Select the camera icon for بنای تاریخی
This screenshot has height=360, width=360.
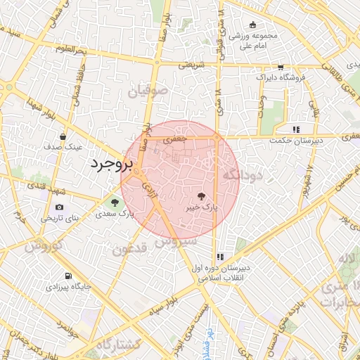[59, 207]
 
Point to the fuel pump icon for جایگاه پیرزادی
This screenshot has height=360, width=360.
[67, 276]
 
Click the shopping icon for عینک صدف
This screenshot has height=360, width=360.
[63, 136]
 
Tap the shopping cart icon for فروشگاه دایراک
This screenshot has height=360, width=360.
[281, 67]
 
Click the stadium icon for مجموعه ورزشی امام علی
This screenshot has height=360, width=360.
[252, 25]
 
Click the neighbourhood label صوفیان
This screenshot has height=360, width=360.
[148, 90]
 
